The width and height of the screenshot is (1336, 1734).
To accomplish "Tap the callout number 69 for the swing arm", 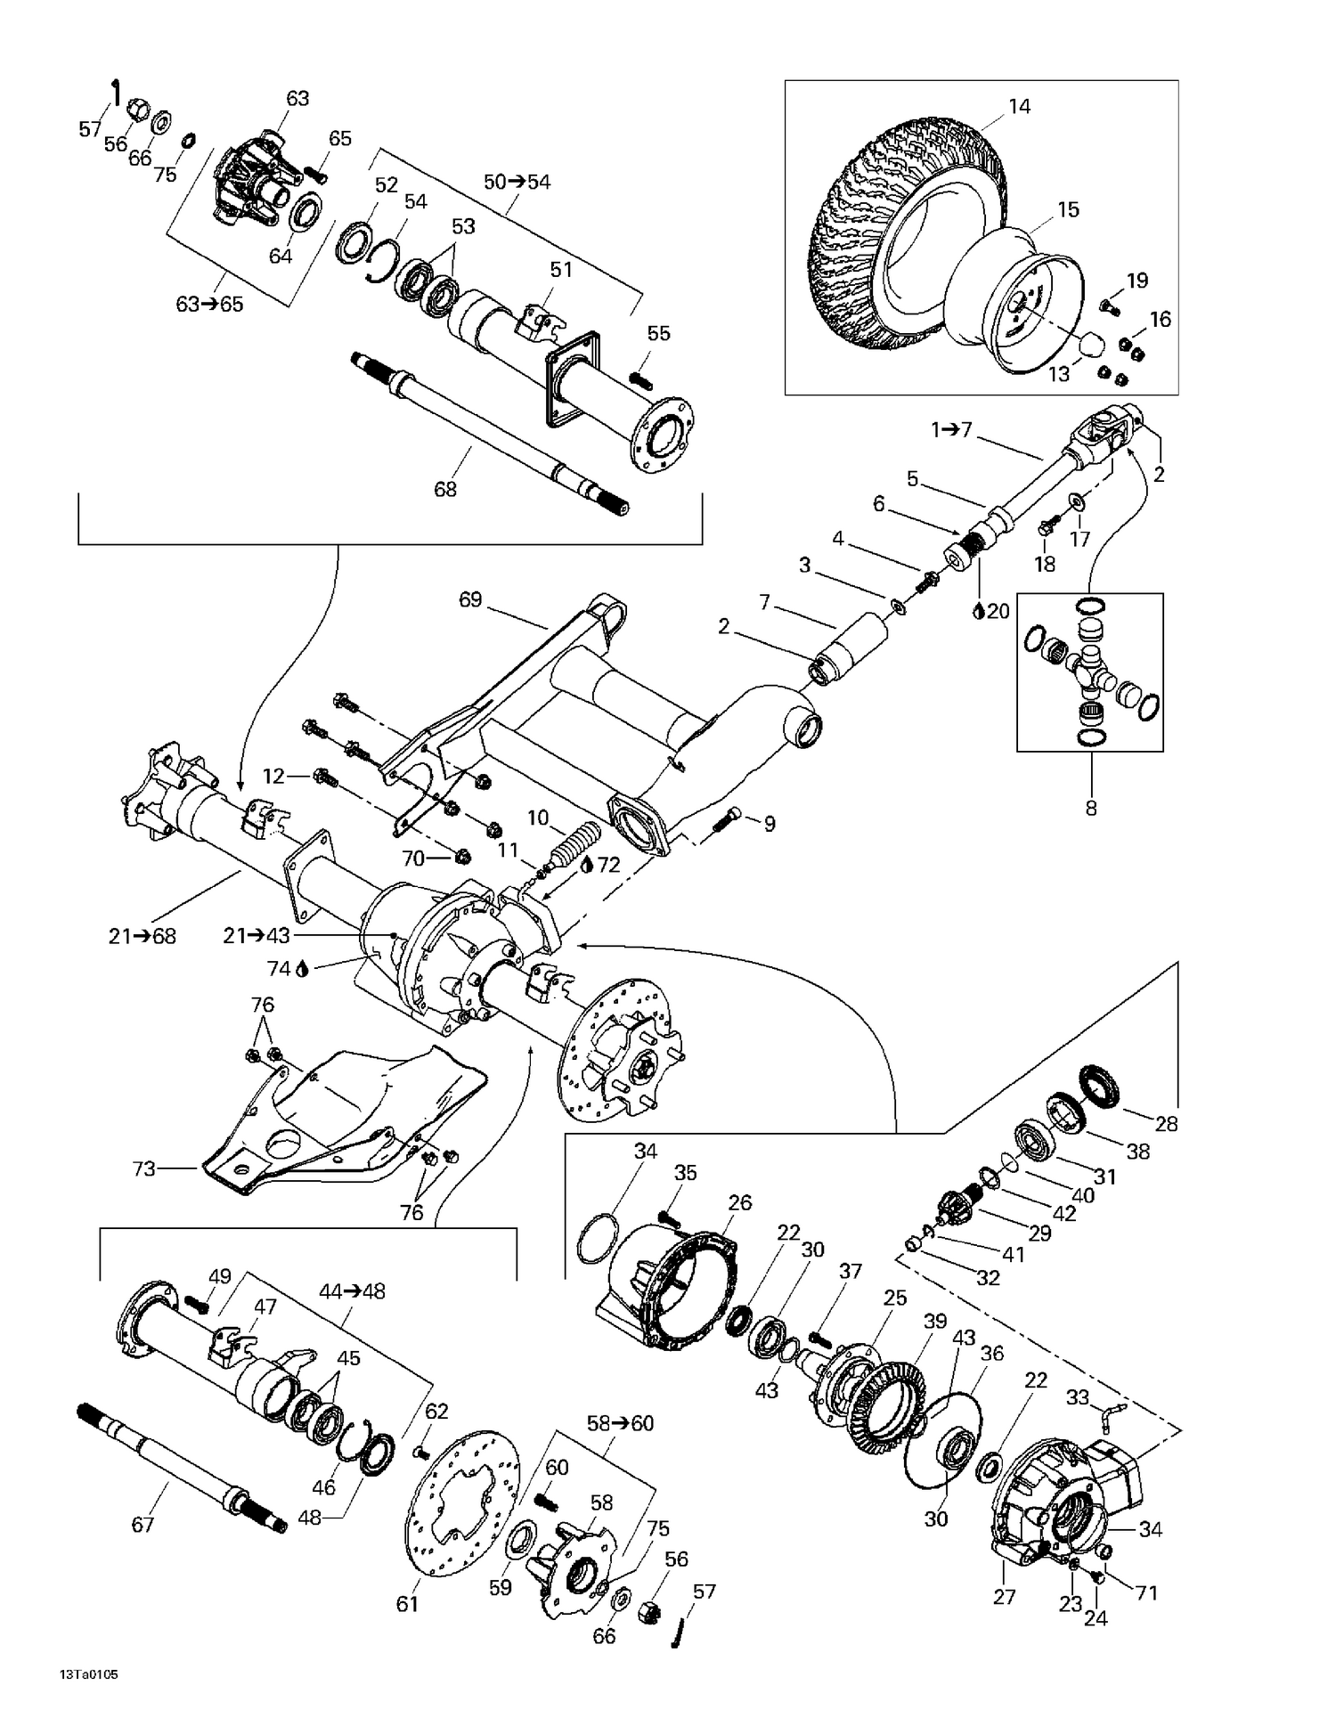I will pos(469,599).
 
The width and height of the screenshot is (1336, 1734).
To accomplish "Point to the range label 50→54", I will pos(517,182).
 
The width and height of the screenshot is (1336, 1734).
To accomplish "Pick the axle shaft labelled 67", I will pos(178,1461).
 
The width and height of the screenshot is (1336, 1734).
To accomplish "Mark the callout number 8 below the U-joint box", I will pos(1090,808).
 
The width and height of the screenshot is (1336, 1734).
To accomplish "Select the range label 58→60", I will pos(620,1423).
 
